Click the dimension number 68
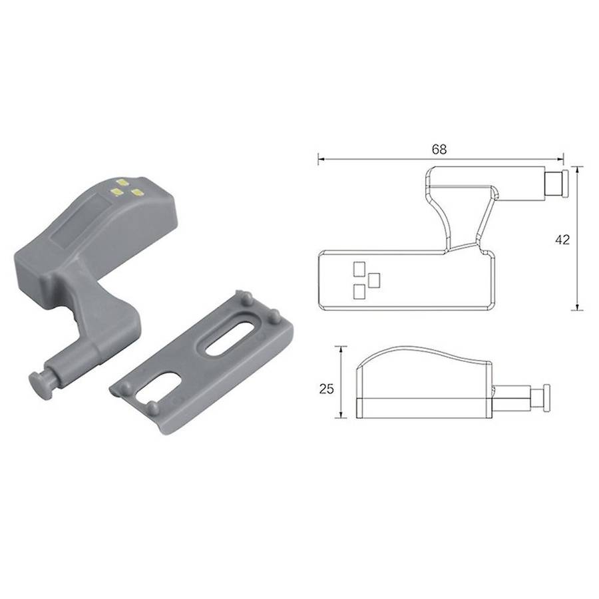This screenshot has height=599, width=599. pyautogui.click(x=439, y=149)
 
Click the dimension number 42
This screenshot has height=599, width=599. pyautogui.click(x=562, y=240)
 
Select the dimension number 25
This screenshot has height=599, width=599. pyautogui.click(x=327, y=389)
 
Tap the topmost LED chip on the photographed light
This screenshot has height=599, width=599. pyautogui.click(x=122, y=182)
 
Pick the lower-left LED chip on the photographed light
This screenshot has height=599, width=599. pyautogui.click(x=115, y=192)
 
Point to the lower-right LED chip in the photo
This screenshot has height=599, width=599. pyautogui.click(x=136, y=192)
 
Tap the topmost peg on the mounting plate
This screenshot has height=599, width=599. pyautogui.click(x=247, y=298)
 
